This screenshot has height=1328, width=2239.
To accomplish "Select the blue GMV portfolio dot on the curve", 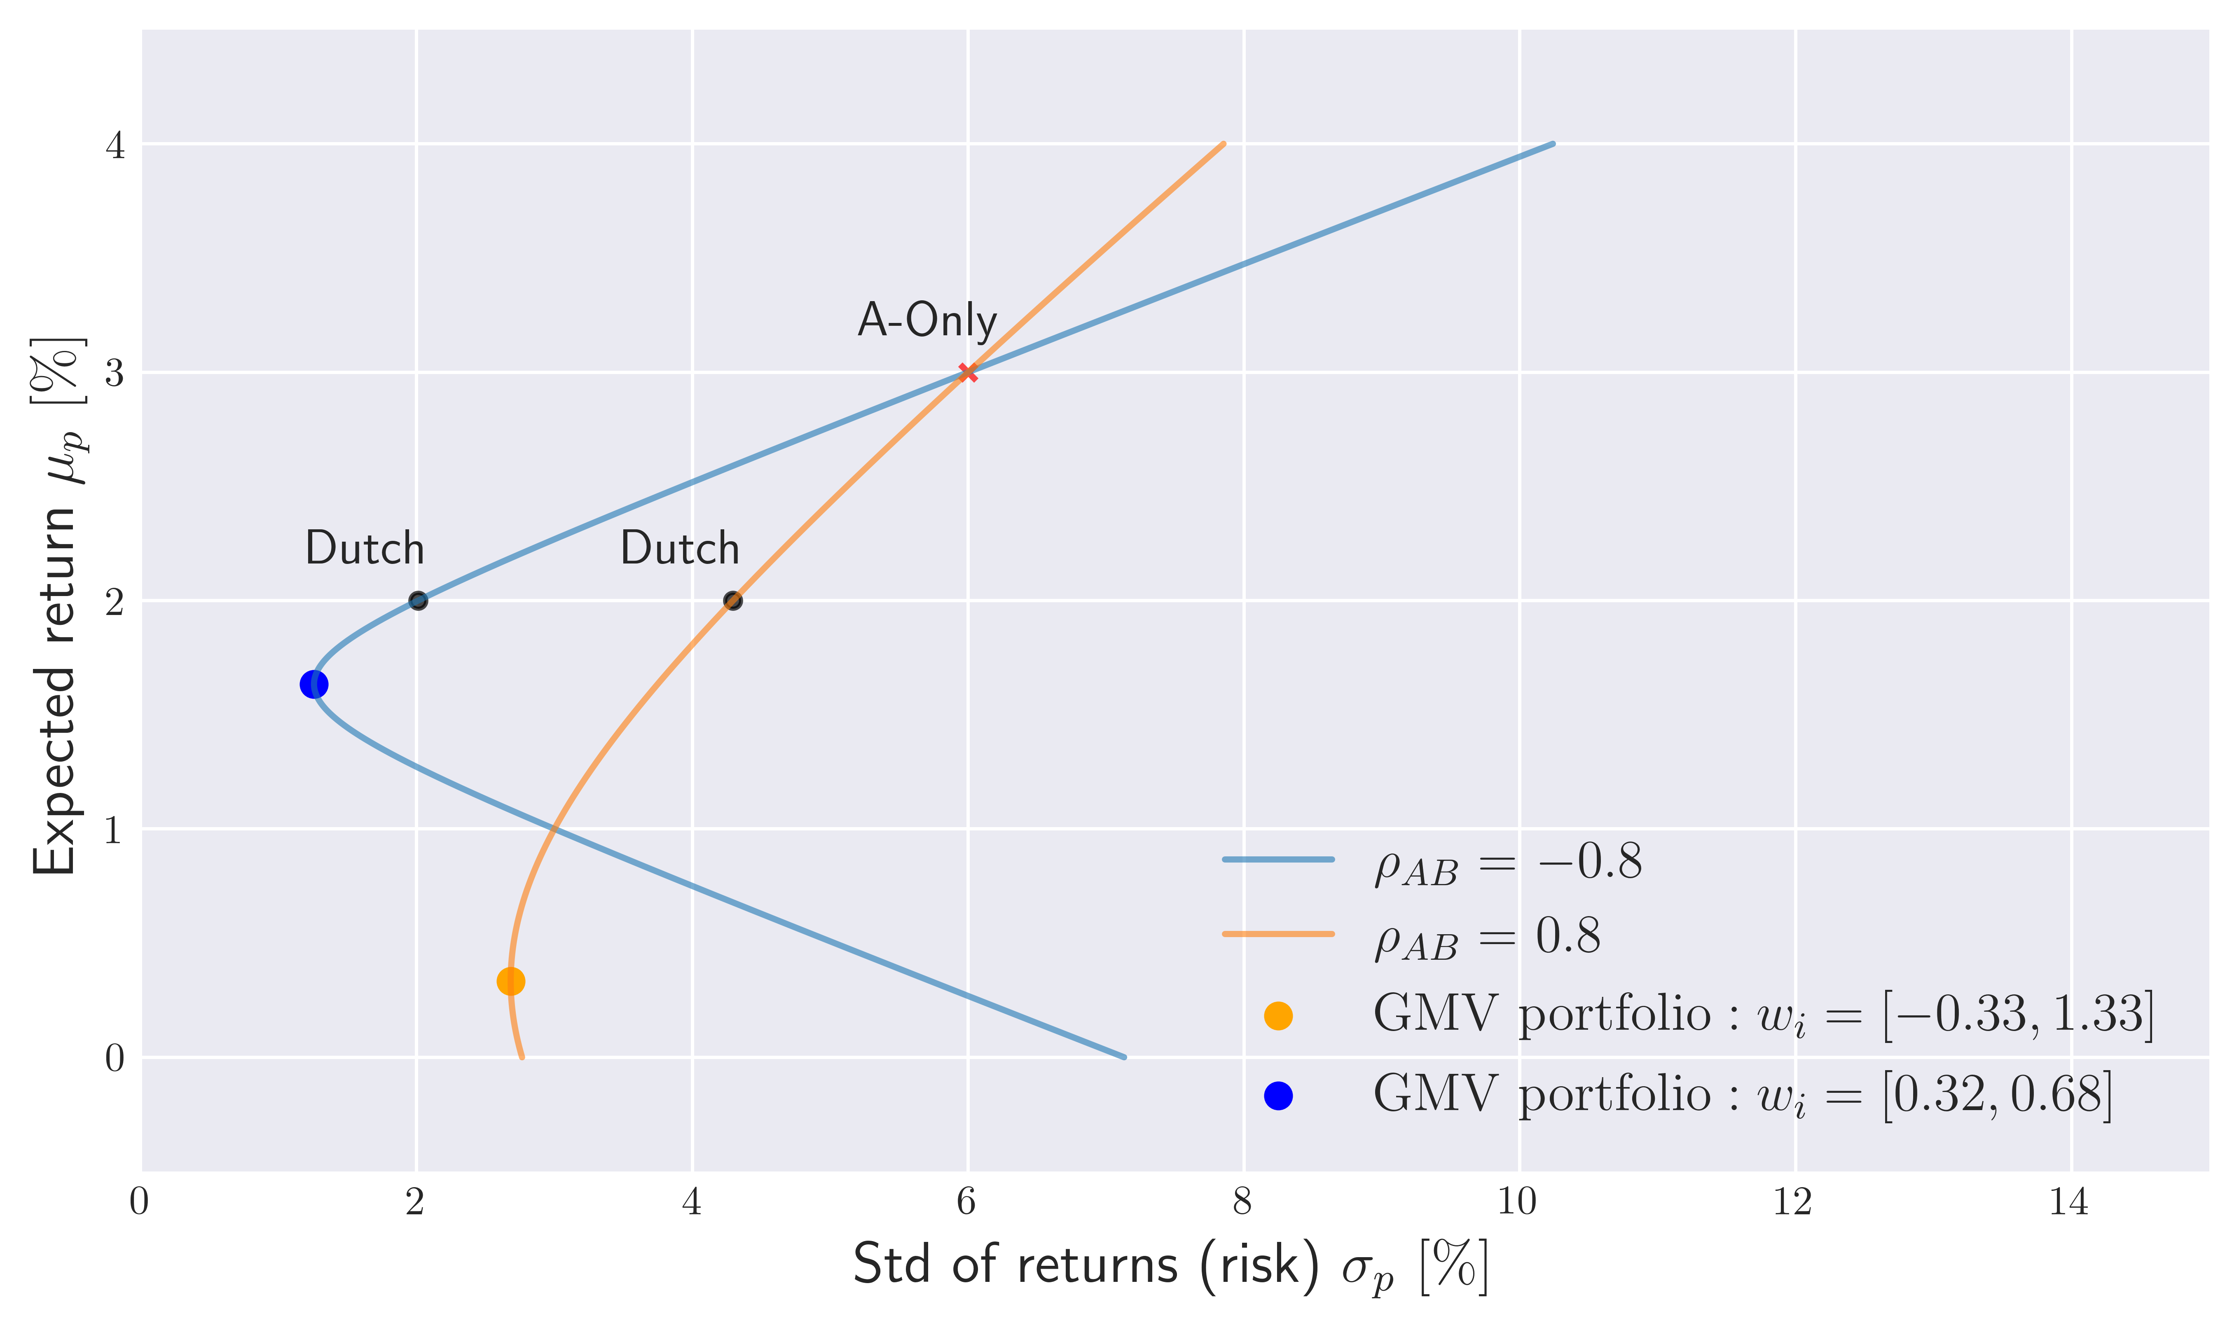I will point(313,685).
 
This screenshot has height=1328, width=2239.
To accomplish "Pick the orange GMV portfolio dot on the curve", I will point(510,982).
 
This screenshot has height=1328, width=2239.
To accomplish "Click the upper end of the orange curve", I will point(1222,144).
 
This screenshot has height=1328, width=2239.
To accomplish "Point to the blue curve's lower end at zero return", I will point(1124,1057).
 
